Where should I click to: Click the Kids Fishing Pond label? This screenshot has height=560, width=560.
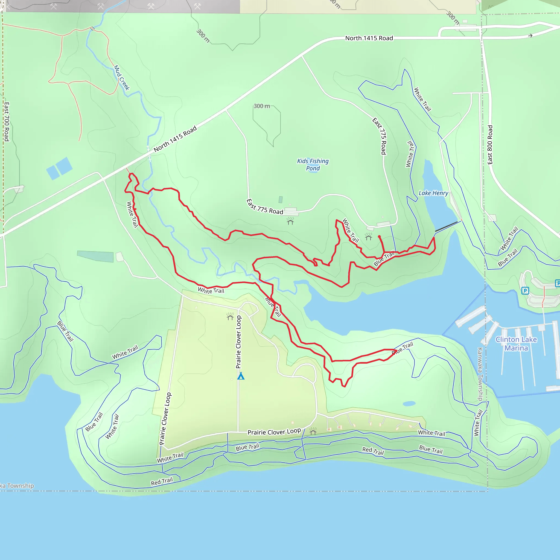[x=313, y=165]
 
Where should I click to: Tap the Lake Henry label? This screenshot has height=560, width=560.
[x=433, y=193]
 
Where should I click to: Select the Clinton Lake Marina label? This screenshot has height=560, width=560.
[x=516, y=344]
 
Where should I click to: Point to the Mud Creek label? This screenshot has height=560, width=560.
[x=121, y=78]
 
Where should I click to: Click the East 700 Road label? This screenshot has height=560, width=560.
[x=7, y=122]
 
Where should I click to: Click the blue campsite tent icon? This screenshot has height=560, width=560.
[x=241, y=376]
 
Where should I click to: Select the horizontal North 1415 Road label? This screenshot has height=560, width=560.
[x=369, y=38]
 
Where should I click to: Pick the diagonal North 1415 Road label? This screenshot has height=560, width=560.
[x=175, y=139]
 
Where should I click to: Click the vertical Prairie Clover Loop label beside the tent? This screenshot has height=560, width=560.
[x=238, y=342]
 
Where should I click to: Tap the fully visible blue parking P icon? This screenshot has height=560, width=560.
[x=525, y=290]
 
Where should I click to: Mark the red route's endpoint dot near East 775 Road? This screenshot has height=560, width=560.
[x=380, y=237]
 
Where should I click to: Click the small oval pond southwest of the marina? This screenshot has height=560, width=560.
[x=409, y=404]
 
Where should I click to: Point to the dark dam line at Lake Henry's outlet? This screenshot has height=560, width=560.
[x=446, y=227]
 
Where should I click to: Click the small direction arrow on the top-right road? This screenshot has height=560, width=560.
[x=530, y=36]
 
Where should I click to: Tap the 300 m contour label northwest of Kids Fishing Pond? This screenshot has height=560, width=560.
[x=262, y=106]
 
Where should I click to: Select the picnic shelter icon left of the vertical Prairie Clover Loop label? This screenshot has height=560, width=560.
[x=230, y=317]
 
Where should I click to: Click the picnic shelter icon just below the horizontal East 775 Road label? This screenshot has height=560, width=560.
[x=290, y=221]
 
